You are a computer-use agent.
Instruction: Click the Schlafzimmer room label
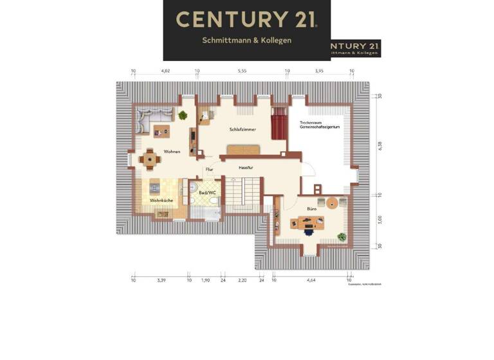coord(242,129)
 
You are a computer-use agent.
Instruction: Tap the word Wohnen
coord(171,152)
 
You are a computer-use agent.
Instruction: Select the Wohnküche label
coord(161,201)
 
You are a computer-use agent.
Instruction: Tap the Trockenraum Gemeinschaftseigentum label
coord(319,125)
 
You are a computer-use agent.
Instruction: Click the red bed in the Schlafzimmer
coord(278,123)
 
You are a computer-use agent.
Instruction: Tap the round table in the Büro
coord(332,204)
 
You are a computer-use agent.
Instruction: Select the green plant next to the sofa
coord(183,116)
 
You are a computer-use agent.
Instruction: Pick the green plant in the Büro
coord(341,237)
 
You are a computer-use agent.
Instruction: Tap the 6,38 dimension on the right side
coord(380,146)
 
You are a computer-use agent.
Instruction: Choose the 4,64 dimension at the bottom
coord(311,280)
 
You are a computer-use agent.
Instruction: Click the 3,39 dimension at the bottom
coord(161,280)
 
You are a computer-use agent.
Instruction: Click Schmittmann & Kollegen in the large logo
coord(247,40)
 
